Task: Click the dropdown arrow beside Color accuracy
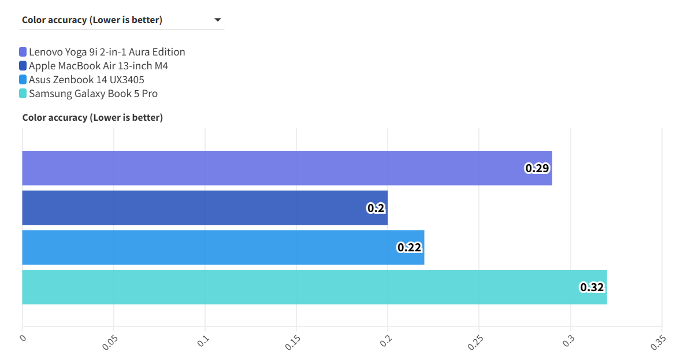218,20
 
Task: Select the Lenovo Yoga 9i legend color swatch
23,52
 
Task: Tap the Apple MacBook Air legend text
98,66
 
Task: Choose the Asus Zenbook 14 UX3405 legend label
87,80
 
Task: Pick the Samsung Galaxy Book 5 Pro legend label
93,94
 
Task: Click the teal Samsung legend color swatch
23,94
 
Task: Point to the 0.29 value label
537,168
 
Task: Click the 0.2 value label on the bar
376,208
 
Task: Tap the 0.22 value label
410,247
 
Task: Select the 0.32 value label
592,287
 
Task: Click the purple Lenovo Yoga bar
277,168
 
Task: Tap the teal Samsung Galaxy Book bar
300,287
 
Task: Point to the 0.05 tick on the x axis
109,342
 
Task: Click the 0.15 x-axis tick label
292,342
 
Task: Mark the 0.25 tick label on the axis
475,342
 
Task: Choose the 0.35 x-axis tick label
657,342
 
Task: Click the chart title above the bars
92,118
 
